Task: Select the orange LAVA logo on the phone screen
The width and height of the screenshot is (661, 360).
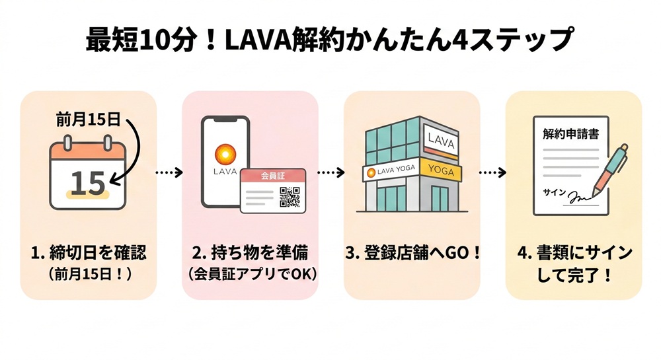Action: [x=225, y=155]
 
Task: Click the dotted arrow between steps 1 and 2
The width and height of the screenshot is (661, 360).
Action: [x=169, y=172]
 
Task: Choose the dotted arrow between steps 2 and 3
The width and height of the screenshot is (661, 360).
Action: [x=331, y=172]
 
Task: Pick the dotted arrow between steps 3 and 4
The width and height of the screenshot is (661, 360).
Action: [x=492, y=172]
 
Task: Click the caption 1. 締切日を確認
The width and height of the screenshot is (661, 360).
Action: [x=89, y=253]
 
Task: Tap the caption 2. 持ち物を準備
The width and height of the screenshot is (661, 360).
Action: [x=250, y=253]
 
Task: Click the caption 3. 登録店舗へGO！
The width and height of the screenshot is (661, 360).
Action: [x=412, y=253]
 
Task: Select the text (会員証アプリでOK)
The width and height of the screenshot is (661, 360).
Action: [x=250, y=273]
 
